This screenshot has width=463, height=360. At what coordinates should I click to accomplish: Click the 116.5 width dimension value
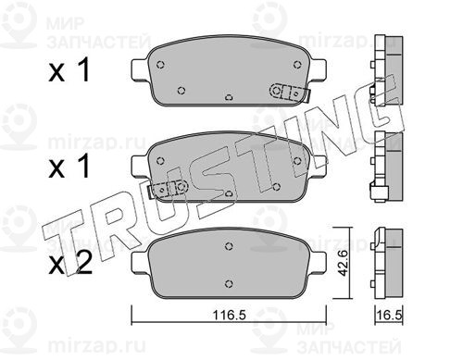229,315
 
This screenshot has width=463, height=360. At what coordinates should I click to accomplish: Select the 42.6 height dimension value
342,263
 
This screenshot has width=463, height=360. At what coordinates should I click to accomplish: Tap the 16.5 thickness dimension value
390,316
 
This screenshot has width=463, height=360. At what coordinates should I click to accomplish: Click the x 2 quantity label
70,263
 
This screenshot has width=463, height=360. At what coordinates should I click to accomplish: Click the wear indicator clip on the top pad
290,93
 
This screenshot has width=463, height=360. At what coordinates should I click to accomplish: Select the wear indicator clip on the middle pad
169,189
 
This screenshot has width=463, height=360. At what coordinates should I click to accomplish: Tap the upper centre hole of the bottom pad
229,246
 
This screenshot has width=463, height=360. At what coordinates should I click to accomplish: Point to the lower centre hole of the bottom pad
229,283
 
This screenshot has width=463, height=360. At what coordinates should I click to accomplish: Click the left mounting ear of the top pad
141,69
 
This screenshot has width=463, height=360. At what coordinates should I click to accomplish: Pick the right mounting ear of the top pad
318,69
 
